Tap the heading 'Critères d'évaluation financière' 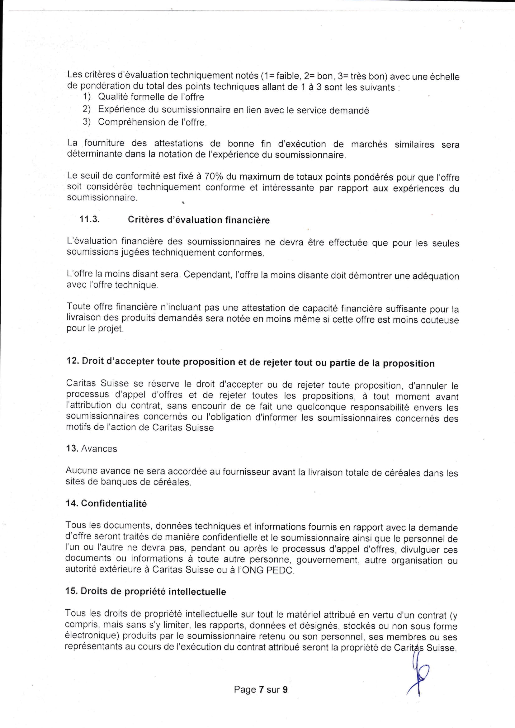pyautogui.click(x=199, y=220)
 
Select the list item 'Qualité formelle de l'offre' pyautogui.click(x=151, y=97)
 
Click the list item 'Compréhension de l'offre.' pyautogui.click(x=152, y=122)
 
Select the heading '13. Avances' pyautogui.click(x=91, y=448)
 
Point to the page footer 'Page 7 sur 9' pyautogui.click(x=261, y=689)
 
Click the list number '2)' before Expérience pyautogui.click(x=87, y=109)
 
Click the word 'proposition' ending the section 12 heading pyautogui.click(x=409, y=363)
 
